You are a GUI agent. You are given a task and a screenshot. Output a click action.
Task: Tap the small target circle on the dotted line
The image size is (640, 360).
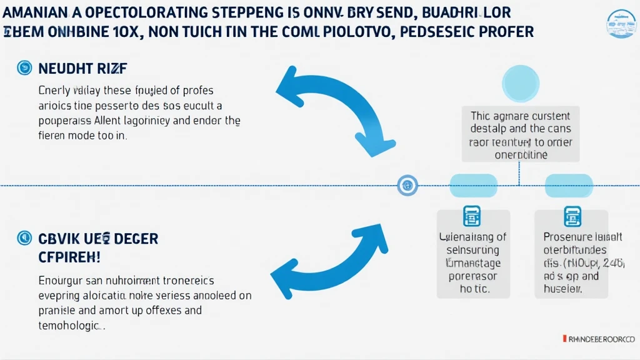[407, 184]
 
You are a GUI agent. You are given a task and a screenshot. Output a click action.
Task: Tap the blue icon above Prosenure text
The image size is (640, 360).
[572, 216]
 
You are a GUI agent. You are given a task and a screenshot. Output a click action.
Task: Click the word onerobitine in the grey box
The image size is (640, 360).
[521, 154]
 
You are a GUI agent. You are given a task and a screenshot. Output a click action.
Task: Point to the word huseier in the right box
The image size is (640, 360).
[562, 289]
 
